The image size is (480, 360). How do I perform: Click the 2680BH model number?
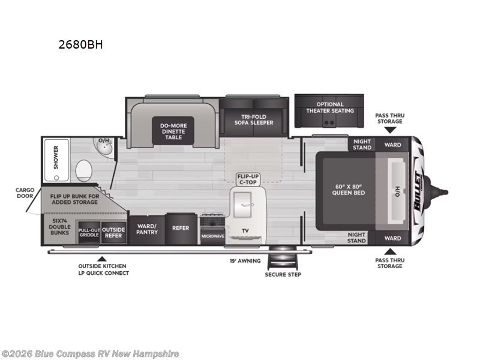(80, 44)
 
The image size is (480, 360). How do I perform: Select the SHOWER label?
(56, 157)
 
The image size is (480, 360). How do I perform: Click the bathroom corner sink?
(103, 146)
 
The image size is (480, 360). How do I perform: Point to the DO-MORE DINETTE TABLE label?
(173, 131)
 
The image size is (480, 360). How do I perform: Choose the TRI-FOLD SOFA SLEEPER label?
(254, 119)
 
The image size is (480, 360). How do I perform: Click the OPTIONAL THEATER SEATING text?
(330, 107)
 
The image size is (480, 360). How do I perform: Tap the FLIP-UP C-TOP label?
(248, 179)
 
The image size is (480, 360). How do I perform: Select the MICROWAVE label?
(213, 236)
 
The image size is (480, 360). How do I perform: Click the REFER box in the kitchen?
(181, 229)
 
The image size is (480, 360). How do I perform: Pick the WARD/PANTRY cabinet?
(147, 230)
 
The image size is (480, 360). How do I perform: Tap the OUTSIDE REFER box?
(113, 233)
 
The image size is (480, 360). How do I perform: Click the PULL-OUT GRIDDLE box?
(89, 233)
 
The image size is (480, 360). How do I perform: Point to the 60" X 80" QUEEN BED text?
(349, 190)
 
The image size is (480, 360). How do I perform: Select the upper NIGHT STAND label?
(362, 145)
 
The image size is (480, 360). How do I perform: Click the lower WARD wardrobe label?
(393, 238)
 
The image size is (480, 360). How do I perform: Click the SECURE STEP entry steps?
(283, 257)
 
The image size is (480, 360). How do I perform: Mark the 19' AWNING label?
(245, 261)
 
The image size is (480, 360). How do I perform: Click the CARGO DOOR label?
(25, 193)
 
